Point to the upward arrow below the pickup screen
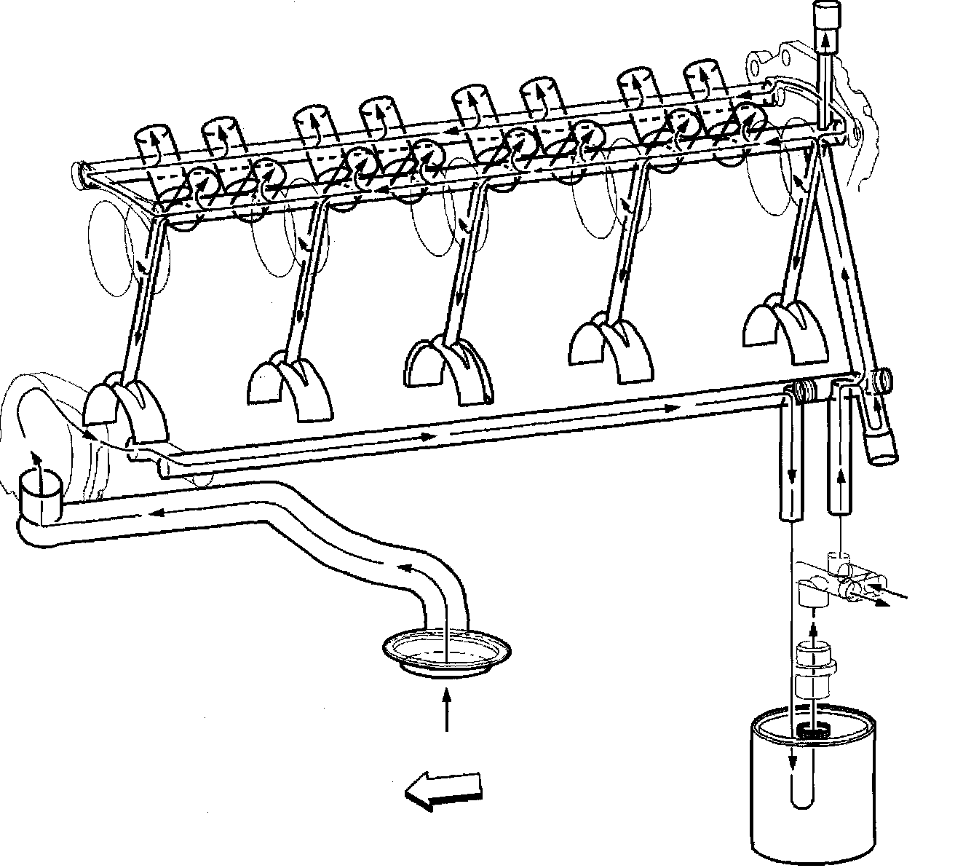pos(446,711)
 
